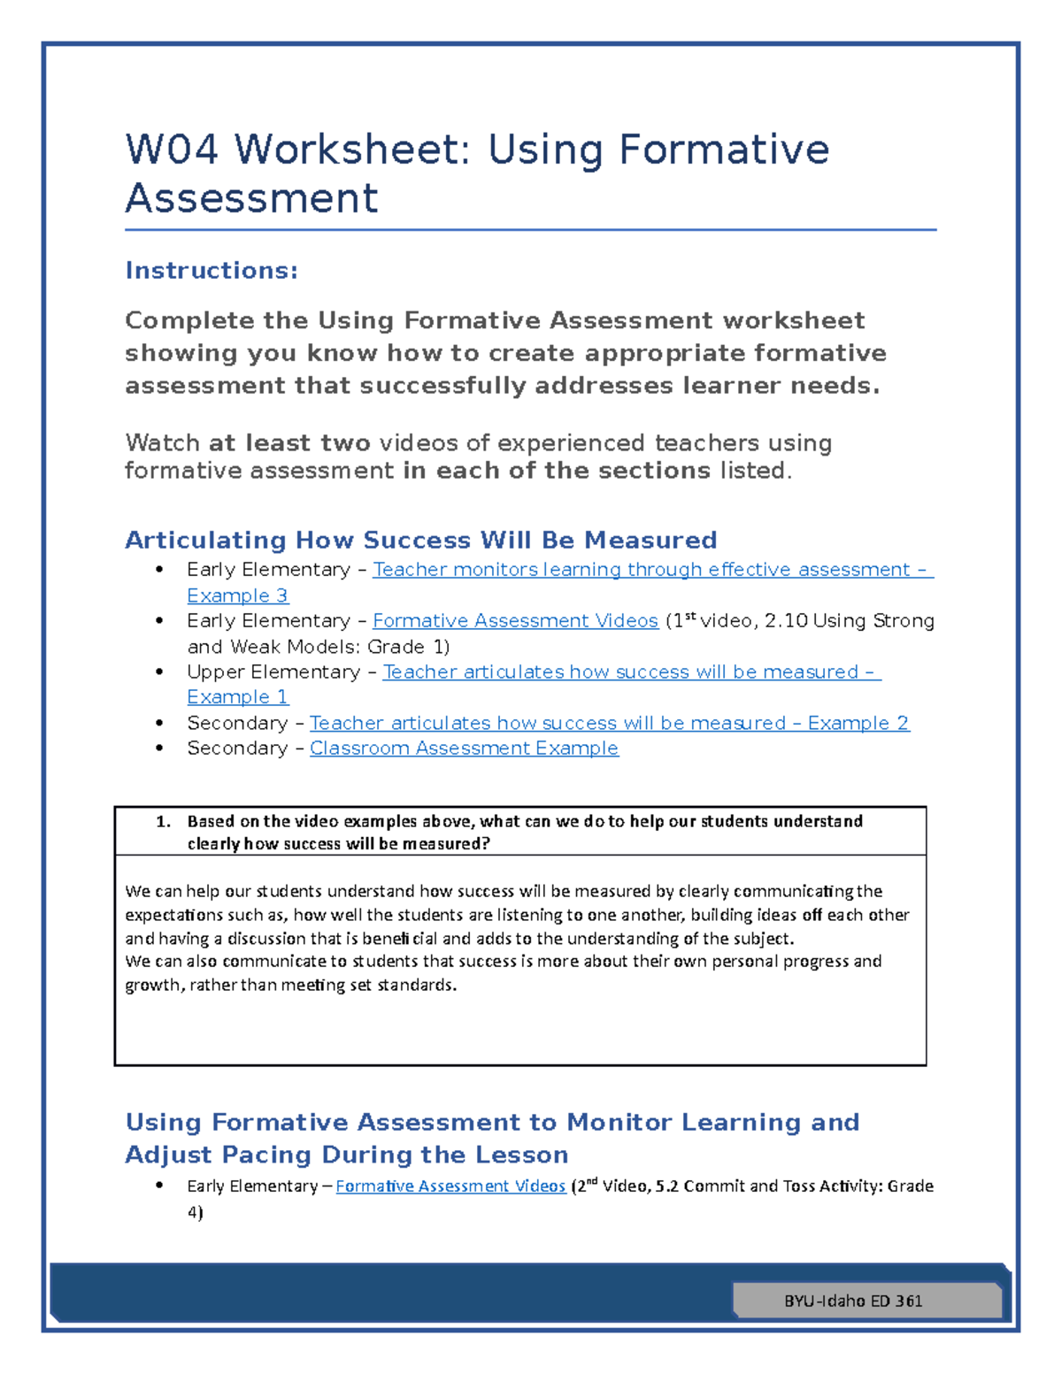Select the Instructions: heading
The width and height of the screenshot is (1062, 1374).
click(212, 270)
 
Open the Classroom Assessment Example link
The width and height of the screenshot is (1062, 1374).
click(464, 748)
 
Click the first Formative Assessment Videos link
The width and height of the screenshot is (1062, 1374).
click(515, 621)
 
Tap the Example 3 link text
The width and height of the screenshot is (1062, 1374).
click(237, 595)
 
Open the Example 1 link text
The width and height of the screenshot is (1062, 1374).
click(237, 697)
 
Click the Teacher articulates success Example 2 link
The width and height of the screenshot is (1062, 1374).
click(609, 723)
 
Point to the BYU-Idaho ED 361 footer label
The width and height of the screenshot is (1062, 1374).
click(853, 1301)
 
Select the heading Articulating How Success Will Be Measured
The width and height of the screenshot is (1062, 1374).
click(420, 540)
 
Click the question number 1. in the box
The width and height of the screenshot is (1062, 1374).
click(163, 821)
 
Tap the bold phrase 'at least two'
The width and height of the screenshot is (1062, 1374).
click(289, 442)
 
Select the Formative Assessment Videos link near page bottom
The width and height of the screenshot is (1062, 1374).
click(450, 1186)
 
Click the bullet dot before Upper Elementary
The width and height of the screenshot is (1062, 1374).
click(159, 672)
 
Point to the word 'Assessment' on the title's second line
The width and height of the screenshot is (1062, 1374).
click(252, 197)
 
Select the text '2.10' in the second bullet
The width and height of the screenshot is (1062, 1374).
click(786, 621)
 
